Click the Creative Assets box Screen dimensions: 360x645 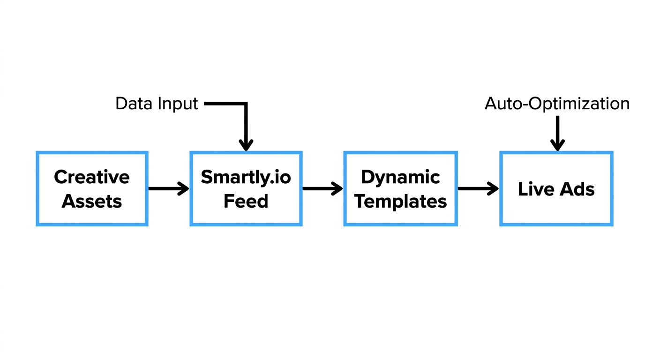pyautogui.click(x=92, y=188)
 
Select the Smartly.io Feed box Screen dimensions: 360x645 pyautogui.click(x=246, y=188)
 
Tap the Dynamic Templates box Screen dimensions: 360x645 pyautogui.click(x=400, y=188)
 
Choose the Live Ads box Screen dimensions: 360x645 pyautogui.click(x=556, y=188)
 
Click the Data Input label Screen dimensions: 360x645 pyautogui.click(x=157, y=104)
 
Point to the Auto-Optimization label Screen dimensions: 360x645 pyautogui.click(x=557, y=104)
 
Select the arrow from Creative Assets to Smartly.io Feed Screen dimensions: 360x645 pyautogui.click(x=168, y=189)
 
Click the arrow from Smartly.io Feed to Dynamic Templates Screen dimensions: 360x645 pyautogui.click(x=322, y=189)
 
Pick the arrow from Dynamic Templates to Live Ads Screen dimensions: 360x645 pyautogui.click(x=478, y=189)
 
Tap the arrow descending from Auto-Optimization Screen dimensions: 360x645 pyautogui.click(x=557, y=134)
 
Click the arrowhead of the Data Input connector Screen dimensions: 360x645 pyautogui.click(x=246, y=145)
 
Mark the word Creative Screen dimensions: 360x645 pyautogui.click(x=92, y=177)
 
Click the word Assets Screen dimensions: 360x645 pyautogui.click(x=92, y=201)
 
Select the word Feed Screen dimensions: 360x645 pyautogui.click(x=246, y=201)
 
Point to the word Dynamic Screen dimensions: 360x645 pyautogui.click(x=400, y=177)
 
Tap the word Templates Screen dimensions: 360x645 pyautogui.click(x=400, y=201)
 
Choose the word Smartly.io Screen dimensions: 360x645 pyautogui.click(x=246, y=177)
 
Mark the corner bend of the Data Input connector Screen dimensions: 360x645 pyautogui.click(x=246, y=104)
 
